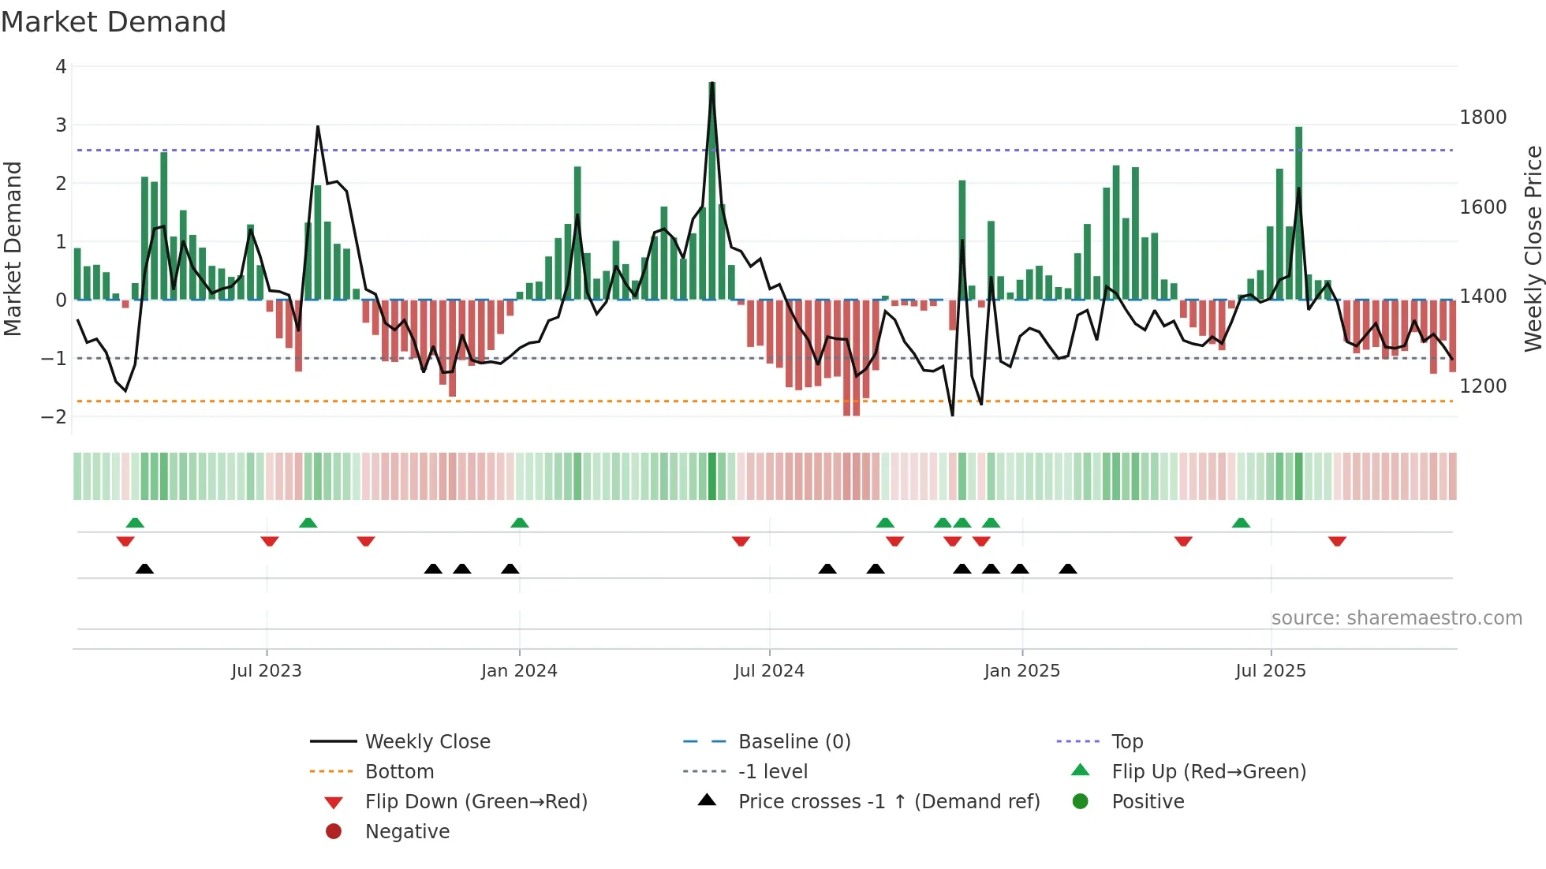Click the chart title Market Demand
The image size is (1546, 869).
click(114, 22)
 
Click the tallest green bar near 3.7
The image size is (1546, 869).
click(712, 189)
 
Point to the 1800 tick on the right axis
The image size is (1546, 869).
click(1482, 117)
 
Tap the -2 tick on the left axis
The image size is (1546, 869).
click(54, 416)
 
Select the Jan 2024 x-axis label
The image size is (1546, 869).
click(519, 671)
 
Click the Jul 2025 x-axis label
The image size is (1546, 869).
click(1270, 671)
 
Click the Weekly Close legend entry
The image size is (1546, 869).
click(427, 742)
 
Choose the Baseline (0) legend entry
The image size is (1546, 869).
click(794, 742)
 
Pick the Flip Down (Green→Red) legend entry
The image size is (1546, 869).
click(476, 802)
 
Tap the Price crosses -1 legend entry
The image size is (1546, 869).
click(888, 802)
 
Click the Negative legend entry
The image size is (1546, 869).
click(407, 832)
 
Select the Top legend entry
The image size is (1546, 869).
click(1126, 742)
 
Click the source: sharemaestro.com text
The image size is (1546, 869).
click(1396, 618)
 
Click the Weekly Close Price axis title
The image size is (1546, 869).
click(1533, 248)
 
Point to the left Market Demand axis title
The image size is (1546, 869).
click(13, 248)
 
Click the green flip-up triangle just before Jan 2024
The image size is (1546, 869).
click(519, 523)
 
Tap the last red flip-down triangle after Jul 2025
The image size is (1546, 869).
click(1337, 541)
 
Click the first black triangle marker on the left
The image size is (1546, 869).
click(144, 569)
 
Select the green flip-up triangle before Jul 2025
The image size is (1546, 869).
click(1241, 523)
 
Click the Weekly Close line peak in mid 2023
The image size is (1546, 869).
click(318, 127)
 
